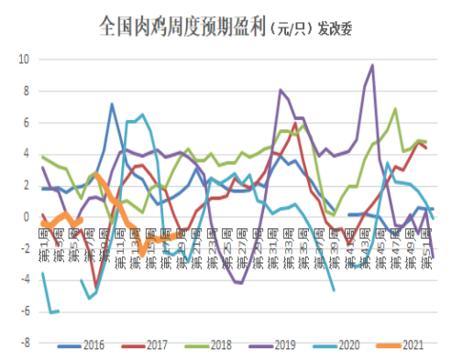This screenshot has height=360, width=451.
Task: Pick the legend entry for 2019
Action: tap(261, 346)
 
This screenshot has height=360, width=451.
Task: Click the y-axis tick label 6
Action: tap(27, 123)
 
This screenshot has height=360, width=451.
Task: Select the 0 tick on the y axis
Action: tap(27, 217)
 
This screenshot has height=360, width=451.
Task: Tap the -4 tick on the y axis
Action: tap(24, 280)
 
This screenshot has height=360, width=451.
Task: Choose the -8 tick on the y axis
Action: tap(24, 344)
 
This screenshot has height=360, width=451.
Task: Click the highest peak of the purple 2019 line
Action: tap(372, 65)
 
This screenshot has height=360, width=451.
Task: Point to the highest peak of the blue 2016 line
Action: tap(112, 104)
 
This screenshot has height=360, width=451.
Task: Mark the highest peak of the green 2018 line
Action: tap(395, 109)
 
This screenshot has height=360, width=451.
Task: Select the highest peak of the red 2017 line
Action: tap(296, 123)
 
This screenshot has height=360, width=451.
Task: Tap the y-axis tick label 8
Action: tap(27, 91)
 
